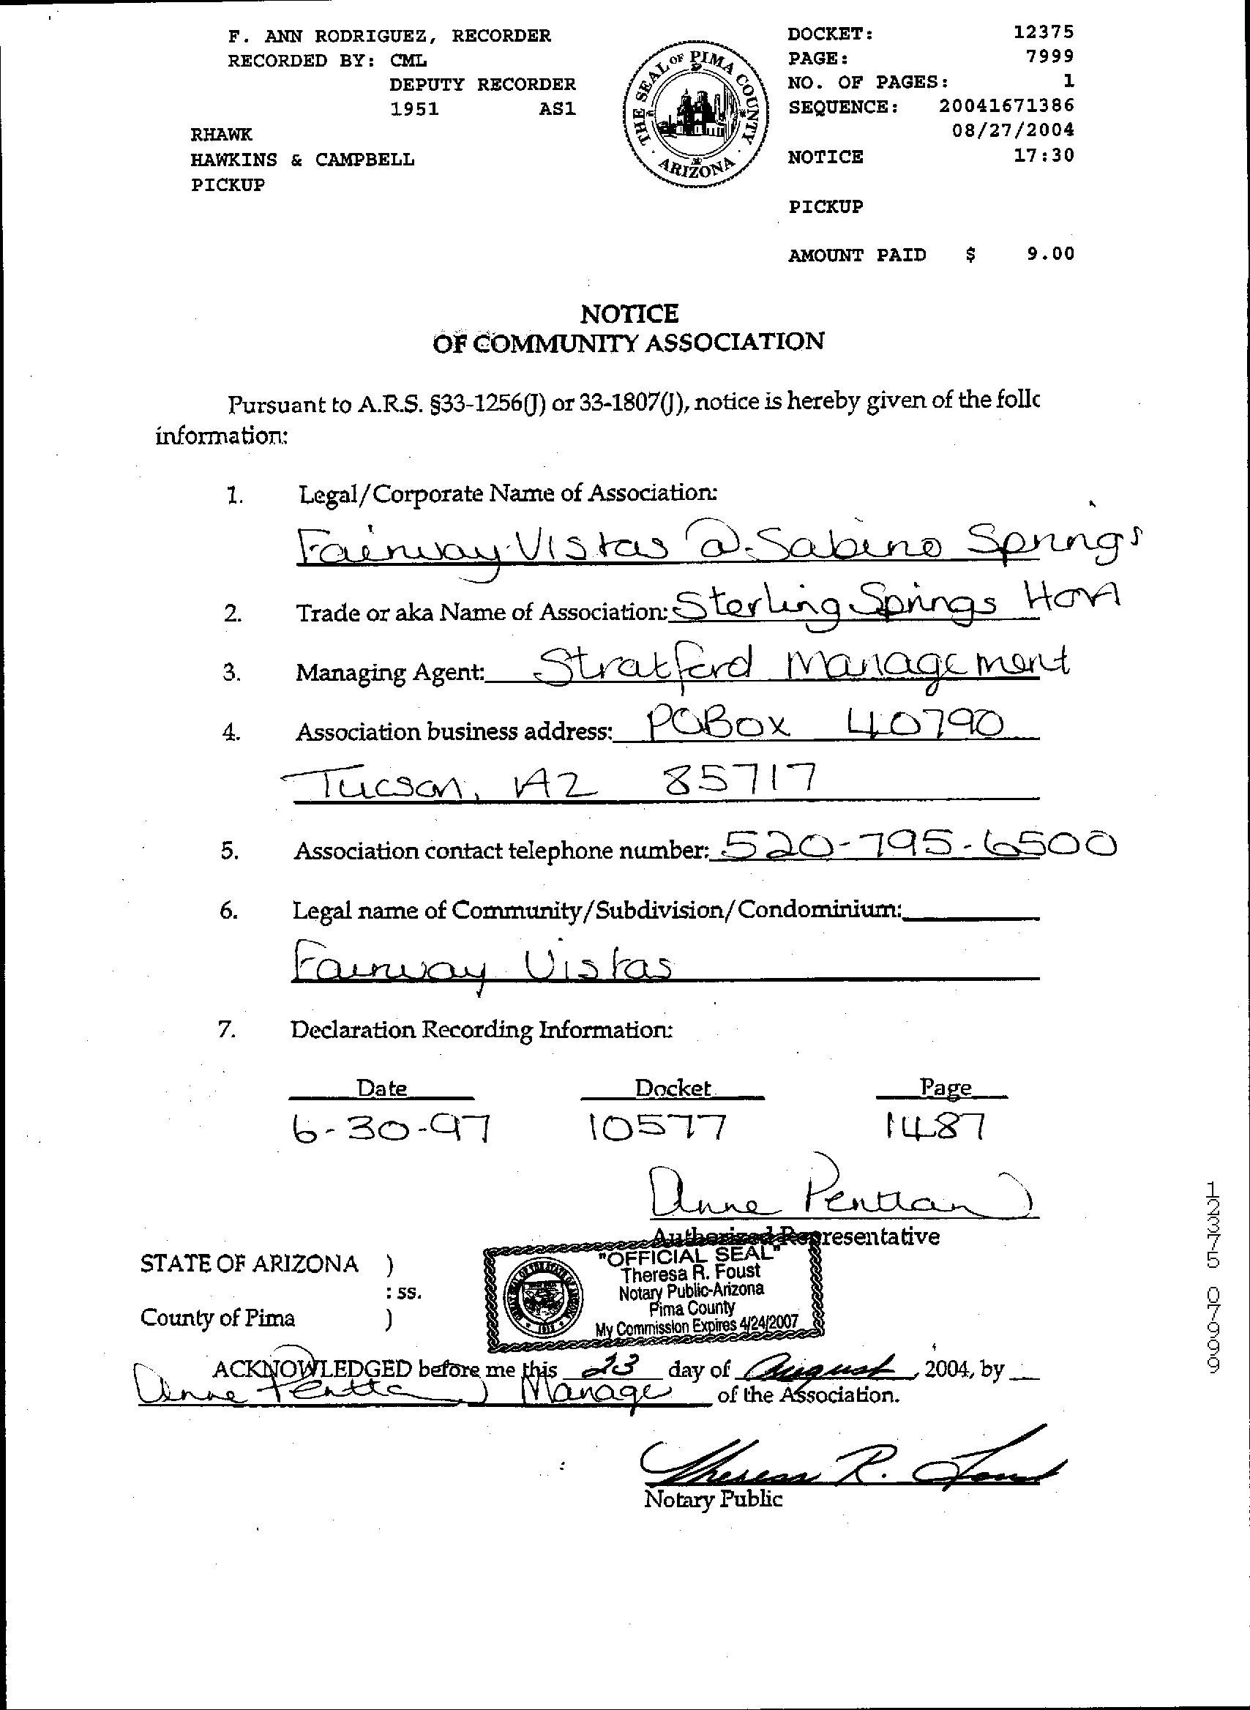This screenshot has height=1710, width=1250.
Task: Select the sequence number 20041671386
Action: tap(1006, 105)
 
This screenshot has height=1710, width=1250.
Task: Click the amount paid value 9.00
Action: tap(1050, 254)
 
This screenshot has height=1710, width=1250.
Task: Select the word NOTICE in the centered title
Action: tap(629, 313)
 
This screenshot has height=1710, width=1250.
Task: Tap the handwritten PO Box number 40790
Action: tap(928, 725)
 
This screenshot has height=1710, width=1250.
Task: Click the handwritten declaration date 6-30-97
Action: tap(392, 1129)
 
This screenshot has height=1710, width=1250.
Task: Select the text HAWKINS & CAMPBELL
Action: tap(302, 160)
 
